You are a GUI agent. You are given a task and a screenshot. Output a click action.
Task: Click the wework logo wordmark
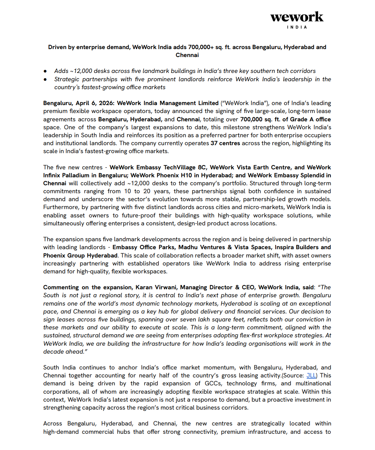coord(297,17)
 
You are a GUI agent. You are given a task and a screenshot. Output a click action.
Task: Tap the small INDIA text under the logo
coord(297,27)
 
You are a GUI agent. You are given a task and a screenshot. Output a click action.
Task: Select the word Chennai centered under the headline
coord(187,55)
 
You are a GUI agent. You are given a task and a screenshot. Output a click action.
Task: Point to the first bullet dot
coord(45,71)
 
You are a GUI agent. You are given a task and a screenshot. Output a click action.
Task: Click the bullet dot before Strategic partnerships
coord(45,79)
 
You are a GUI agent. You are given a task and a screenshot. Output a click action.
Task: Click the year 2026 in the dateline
coord(106,103)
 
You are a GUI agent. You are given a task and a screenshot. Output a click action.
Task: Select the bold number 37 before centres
coord(214,143)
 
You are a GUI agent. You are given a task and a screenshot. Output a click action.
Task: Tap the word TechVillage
coord(180,167)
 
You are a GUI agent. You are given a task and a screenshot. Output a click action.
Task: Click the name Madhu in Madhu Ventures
coord(187,247)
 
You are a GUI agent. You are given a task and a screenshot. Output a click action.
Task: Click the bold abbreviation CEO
coord(248,287)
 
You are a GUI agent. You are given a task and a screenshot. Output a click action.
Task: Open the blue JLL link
coord(311,375)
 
